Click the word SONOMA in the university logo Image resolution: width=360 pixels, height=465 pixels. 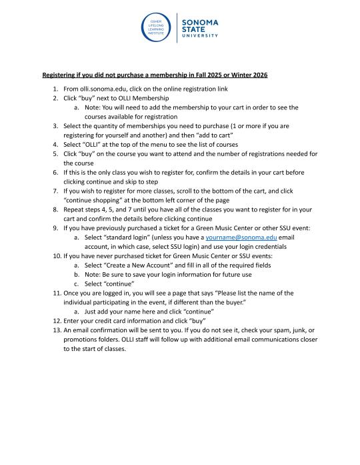(199, 22)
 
